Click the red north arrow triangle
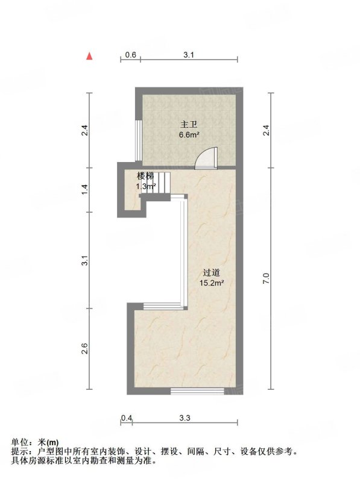click(89, 56)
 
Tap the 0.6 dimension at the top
click(130, 55)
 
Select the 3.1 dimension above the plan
click(189, 55)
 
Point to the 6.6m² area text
click(189, 134)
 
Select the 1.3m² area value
click(146, 186)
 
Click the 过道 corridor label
click(212, 273)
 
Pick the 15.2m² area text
click(212, 283)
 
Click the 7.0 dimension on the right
click(267, 278)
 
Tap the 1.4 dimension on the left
click(86, 189)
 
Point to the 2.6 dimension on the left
click(86, 349)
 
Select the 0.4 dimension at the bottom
click(127, 418)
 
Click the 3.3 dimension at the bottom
click(185, 418)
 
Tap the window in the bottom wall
click(197, 391)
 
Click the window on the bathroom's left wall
click(139, 140)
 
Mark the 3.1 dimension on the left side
click(86, 260)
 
